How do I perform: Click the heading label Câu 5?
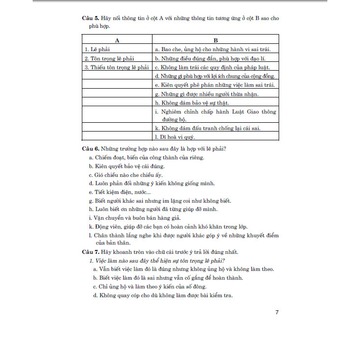[x=90, y=18]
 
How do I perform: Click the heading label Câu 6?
[x=90, y=148]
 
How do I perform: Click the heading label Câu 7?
[x=90, y=252]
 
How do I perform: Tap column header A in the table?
[x=117, y=40]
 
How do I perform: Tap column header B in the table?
[x=215, y=40]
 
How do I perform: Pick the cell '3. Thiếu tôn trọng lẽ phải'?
[x=116, y=67]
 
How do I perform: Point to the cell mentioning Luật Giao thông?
[x=215, y=115]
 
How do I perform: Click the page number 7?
[x=277, y=312]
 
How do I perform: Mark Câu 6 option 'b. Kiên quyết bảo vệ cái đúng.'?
[x=127, y=166]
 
